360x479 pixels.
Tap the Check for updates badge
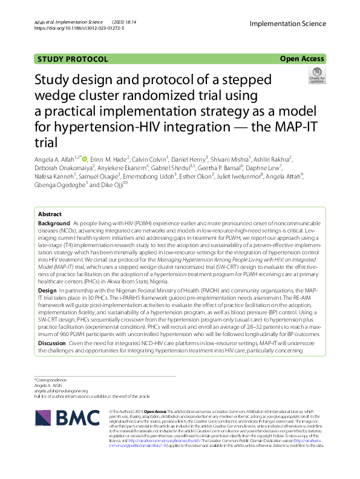[x=317, y=76]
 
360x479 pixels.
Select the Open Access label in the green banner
[x=303, y=59]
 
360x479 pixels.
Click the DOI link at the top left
[x=79, y=28]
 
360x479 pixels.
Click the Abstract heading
[x=50, y=215]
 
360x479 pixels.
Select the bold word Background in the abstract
[x=54, y=223]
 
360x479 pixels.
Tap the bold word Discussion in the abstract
[x=53, y=343]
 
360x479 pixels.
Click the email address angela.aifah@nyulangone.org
[x=61, y=391]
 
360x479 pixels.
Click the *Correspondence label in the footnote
[x=51, y=380]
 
